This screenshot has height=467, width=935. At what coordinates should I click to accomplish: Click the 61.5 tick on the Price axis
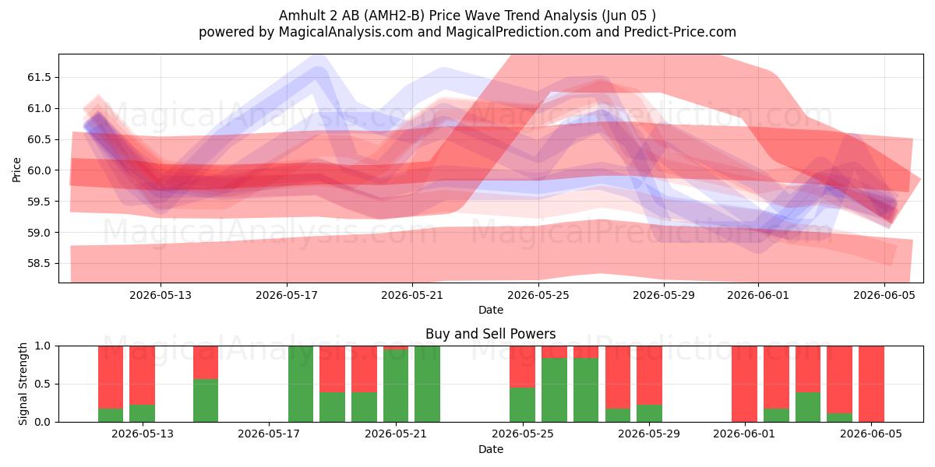point(39,78)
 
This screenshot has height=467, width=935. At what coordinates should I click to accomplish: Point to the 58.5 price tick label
point(39,264)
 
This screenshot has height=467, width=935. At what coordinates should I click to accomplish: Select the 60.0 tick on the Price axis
point(39,170)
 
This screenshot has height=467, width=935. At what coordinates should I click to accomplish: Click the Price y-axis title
point(16,170)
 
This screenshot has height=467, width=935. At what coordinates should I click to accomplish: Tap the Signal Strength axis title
point(23,384)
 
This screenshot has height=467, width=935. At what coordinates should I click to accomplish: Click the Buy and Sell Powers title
point(490,334)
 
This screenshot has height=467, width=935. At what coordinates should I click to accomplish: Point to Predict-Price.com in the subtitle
point(680,32)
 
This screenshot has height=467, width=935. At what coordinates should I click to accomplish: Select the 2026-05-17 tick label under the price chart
point(287,295)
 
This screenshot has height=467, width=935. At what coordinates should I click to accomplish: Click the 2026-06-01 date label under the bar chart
point(744,434)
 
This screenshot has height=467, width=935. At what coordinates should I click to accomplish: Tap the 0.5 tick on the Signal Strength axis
point(43,384)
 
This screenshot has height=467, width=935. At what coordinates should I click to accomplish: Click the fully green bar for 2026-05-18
point(301,384)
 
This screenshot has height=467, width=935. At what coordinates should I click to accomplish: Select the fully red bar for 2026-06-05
point(871,384)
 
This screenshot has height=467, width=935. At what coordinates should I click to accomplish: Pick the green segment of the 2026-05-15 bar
point(206,400)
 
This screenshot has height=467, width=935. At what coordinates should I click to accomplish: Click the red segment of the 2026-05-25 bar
point(522,367)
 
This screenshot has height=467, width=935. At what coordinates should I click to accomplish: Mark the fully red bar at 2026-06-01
point(744,384)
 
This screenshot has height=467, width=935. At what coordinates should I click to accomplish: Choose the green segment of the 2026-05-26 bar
point(554,390)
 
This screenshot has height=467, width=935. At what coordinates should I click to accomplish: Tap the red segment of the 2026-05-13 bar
point(142,375)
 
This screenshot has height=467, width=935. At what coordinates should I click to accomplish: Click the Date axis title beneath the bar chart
point(490,450)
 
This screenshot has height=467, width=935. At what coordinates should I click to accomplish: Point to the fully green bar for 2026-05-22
point(427,384)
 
